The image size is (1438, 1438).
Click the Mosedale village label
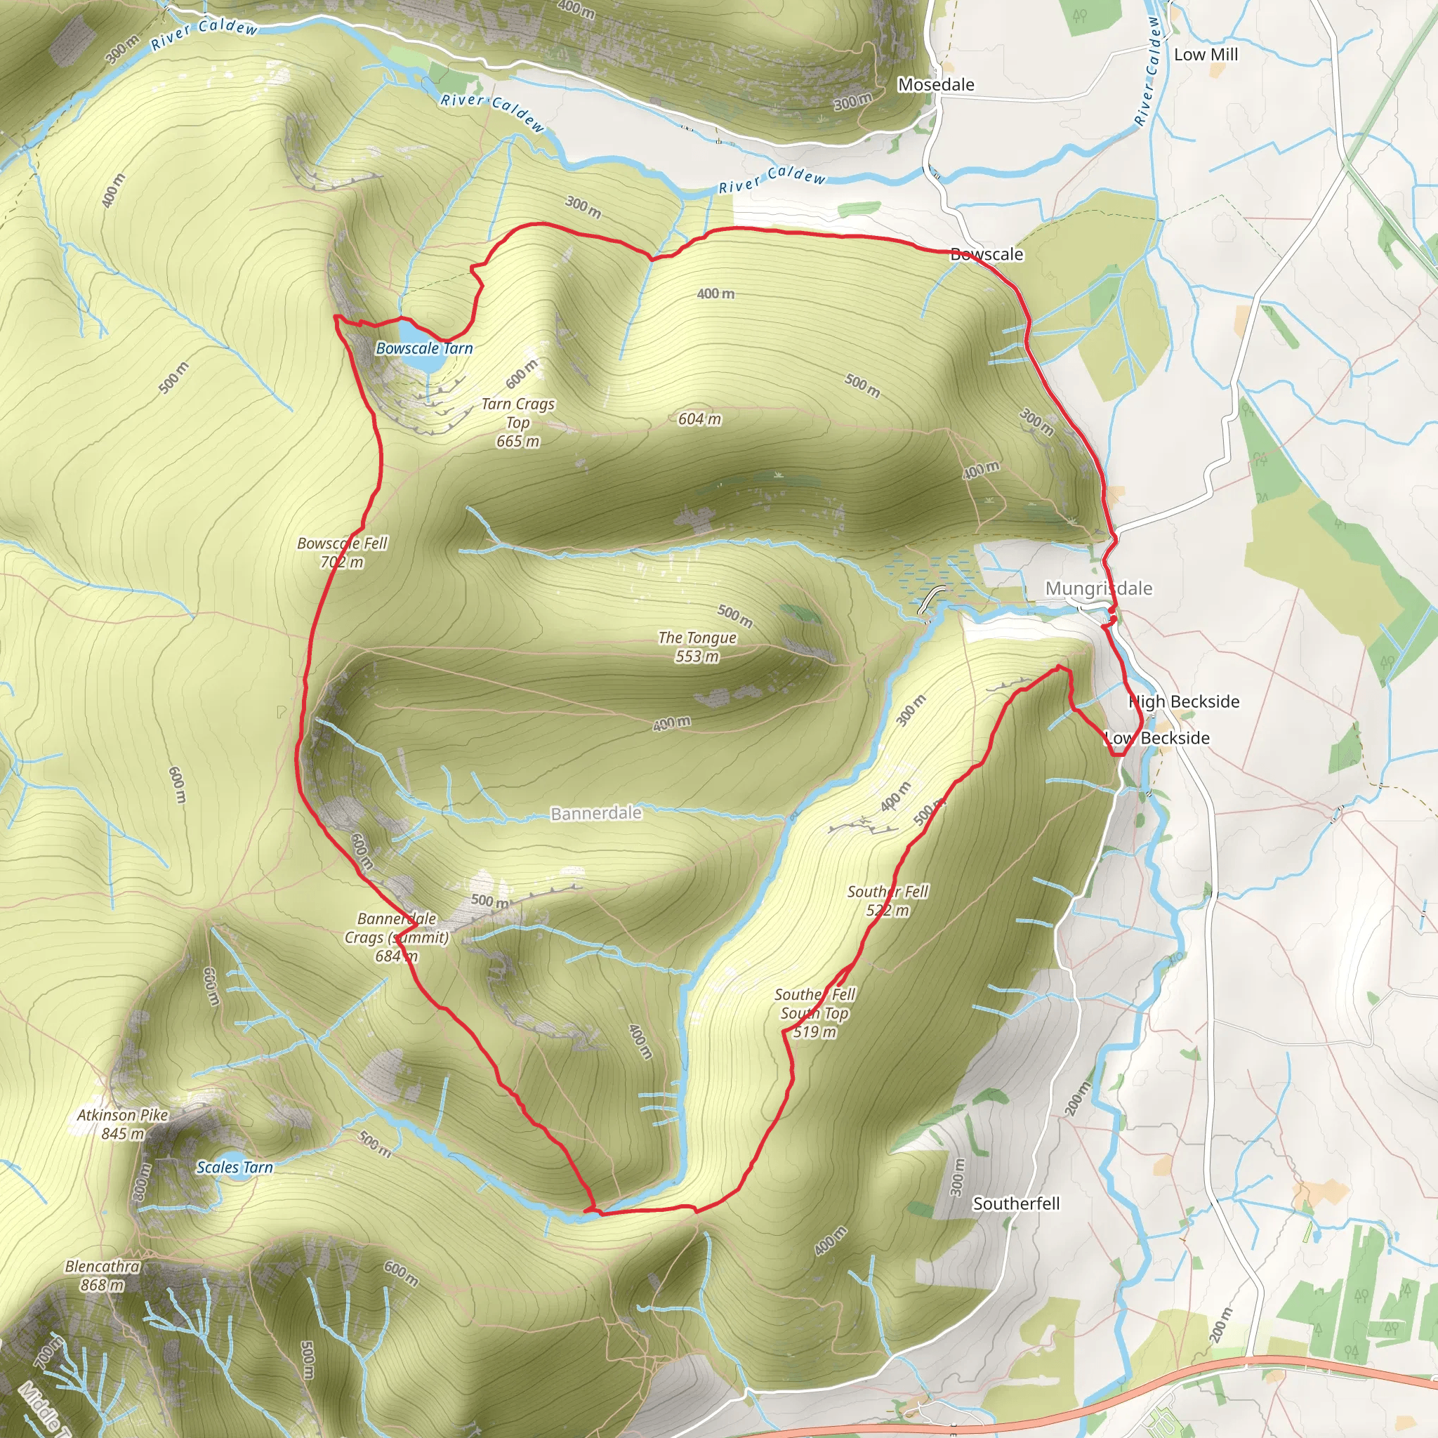click(935, 85)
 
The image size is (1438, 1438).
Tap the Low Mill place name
click(1206, 54)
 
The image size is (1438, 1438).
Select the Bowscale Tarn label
click(424, 348)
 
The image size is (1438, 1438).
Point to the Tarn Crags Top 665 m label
click(518, 422)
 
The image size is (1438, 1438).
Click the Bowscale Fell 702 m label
click(342, 553)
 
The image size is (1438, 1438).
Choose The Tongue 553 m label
click(697, 646)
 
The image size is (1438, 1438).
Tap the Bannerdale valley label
click(595, 814)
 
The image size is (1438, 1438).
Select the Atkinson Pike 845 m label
click(123, 1124)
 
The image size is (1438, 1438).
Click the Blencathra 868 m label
click(102, 1275)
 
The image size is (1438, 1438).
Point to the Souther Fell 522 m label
click(888, 901)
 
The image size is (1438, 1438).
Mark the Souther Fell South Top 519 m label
click(814, 1012)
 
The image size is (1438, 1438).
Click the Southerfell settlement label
click(1016, 1203)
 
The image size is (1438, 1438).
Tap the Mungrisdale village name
click(1099, 588)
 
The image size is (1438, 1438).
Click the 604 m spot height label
click(699, 419)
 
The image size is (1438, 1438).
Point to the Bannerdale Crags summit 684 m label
click(397, 937)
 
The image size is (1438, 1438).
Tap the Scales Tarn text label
click(235, 1168)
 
